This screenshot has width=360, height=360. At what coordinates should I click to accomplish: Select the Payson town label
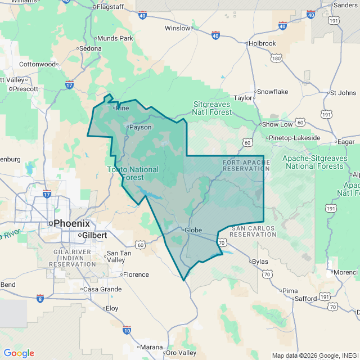pos(141,127)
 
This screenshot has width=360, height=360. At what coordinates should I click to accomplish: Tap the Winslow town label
pos(177,28)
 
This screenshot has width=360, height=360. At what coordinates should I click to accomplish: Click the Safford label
pos(305,299)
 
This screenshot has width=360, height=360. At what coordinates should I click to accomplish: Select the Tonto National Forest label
pos(133,173)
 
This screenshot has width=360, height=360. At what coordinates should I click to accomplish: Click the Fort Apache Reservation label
pos(246,166)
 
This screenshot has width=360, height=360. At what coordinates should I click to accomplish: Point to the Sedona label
pos(91,48)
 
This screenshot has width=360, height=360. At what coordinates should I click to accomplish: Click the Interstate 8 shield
pos(40,297)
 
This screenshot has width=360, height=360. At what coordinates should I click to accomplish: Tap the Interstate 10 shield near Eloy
pos(127,329)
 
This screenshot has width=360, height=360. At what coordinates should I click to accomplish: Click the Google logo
pos(19,353)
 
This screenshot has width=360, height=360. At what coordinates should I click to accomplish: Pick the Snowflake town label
pos(272,92)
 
